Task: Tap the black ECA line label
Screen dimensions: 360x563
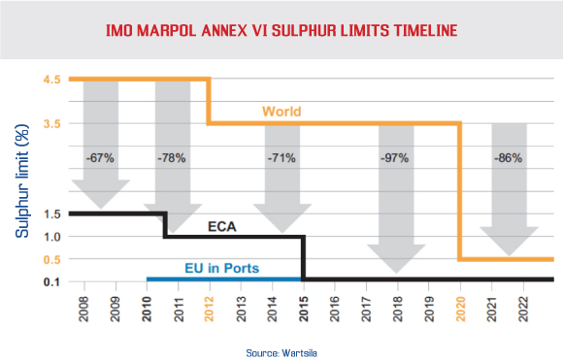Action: (x=223, y=227)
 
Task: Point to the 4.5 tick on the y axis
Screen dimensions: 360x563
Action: (x=53, y=79)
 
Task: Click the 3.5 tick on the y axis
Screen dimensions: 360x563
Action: (x=53, y=123)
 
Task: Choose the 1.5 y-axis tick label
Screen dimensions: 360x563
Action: (x=53, y=213)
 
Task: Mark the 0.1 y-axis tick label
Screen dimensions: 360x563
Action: (x=53, y=281)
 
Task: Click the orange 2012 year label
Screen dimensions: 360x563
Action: (x=207, y=307)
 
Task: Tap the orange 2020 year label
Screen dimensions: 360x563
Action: (x=459, y=307)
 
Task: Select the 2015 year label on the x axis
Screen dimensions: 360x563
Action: (x=302, y=307)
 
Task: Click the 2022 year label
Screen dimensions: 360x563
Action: (x=523, y=307)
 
